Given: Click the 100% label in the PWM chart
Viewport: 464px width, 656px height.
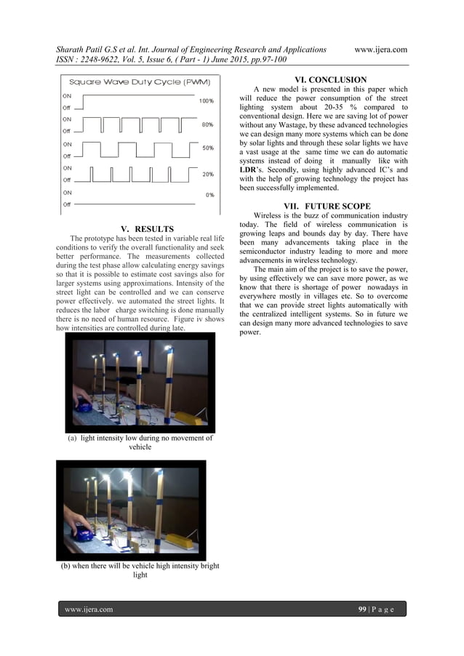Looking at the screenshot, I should pos(207,101).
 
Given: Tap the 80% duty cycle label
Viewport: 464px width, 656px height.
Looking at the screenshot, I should pos(207,124).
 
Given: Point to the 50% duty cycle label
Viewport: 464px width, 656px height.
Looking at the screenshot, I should pos(207,148).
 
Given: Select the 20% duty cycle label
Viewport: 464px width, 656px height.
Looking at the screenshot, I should pos(207,175).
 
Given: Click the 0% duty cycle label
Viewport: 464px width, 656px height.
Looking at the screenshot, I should pos(209,195).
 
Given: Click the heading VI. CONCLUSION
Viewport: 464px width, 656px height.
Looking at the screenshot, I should pos(330,79).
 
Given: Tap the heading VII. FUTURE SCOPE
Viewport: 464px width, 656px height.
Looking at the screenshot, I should pos(330,206).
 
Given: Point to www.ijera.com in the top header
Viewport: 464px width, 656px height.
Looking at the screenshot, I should pos(380,49).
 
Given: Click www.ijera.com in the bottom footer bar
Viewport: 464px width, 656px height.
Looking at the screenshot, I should pos(89,609).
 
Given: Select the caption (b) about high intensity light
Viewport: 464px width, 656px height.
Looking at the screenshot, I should pos(140,570).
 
